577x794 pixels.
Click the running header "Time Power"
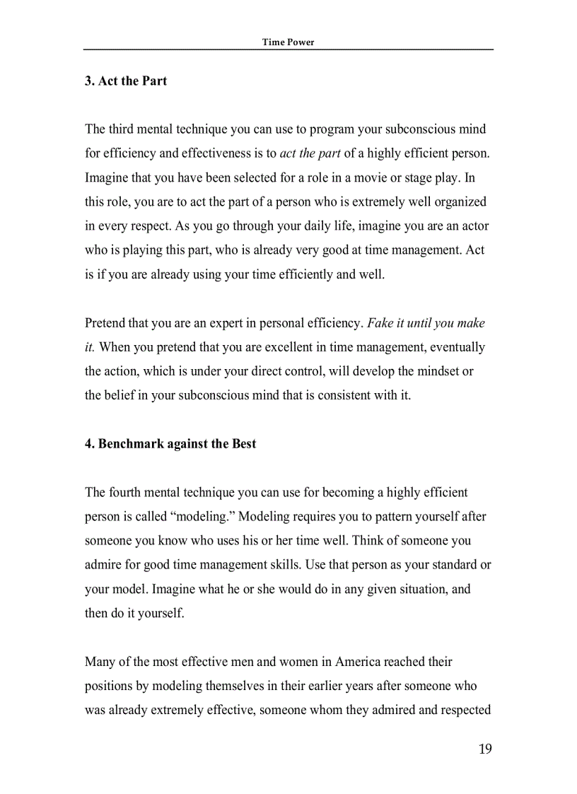click(288, 42)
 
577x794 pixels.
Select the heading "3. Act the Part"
click(126, 81)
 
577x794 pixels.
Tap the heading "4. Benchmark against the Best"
click(170, 444)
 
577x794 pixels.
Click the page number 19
click(485, 749)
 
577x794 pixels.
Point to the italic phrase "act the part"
click(310, 153)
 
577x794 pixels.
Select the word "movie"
click(358, 177)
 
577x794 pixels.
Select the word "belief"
click(120, 395)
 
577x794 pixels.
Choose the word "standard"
click(450, 564)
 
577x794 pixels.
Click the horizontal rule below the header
click(288, 49)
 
